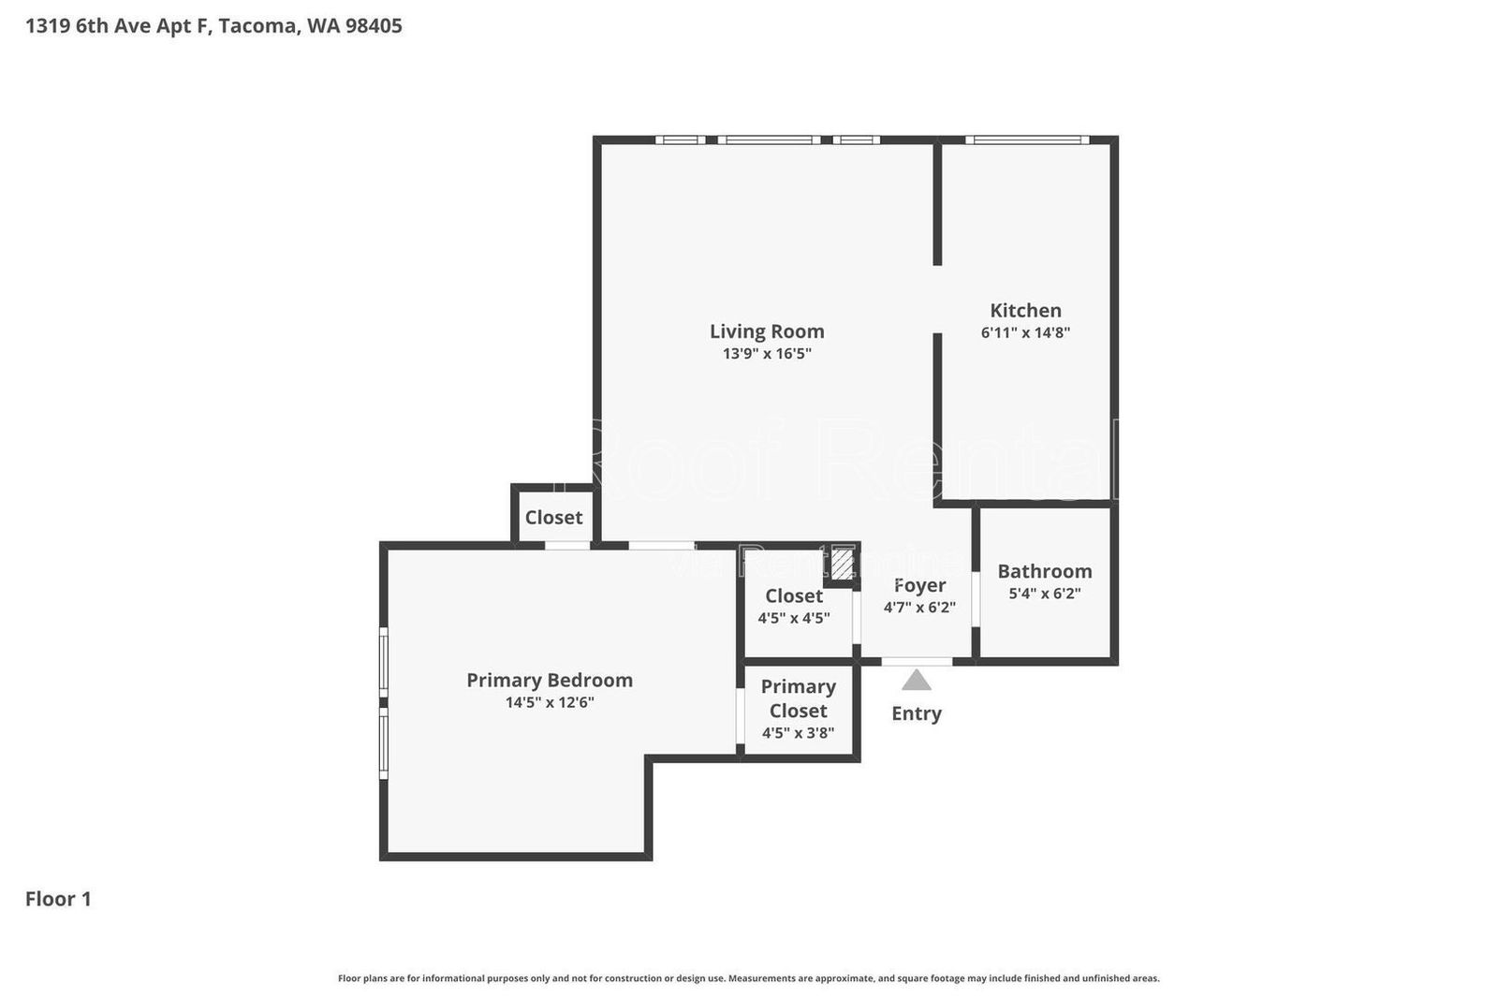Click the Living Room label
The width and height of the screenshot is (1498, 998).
[766, 331]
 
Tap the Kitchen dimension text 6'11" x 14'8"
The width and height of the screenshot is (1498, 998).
[1025, 332]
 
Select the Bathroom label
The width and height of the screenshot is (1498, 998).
[1044, 571]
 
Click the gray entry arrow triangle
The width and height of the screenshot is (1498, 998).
[916, 681]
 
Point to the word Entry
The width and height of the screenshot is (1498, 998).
[916, 713]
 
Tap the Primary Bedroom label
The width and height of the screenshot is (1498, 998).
[550, 681]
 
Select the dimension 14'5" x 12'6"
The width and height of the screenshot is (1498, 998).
[550, 702]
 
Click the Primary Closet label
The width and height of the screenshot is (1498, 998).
[798, 698]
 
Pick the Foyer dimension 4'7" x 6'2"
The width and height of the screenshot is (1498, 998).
[918, 607]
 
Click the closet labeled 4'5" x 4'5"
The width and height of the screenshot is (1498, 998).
[793, 606]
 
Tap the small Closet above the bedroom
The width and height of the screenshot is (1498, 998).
[553, 518]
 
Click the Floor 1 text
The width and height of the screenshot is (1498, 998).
[58, 899]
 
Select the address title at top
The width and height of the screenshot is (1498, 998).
[213, 26]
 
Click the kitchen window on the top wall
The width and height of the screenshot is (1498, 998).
[1027, 140]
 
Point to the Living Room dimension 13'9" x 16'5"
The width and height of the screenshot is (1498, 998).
[766, 354]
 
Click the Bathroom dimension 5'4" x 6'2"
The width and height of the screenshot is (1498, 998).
[1044, 594]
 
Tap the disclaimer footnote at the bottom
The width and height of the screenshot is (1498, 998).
[748, 978]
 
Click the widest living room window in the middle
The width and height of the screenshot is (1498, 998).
[769, 140]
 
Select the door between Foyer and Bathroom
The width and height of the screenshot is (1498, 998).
[975, 599]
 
